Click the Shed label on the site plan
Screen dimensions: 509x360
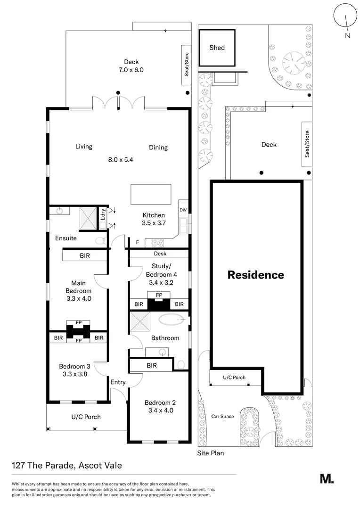coord(217,48)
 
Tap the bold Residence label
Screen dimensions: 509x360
coord(256,275)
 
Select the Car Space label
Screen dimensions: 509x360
coord(222,416)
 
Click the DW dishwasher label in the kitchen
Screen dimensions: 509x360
coord(183,210)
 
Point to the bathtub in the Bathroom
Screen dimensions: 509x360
coord(172,320)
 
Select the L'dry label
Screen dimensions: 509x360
coord(103,215)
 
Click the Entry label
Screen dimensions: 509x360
coord(118,382)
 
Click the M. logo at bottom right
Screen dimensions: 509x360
coord(327,479)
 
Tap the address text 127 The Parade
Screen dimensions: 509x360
coord(67,466)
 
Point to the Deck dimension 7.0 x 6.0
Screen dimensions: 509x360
coord(131,70)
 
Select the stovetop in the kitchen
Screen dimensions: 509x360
coord(157,243)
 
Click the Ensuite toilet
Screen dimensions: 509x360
coord(101,240)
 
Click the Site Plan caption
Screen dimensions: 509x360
coord(210,453)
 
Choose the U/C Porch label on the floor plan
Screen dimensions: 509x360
coord(86,417)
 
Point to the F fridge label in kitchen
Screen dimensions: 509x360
coord(137,243)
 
